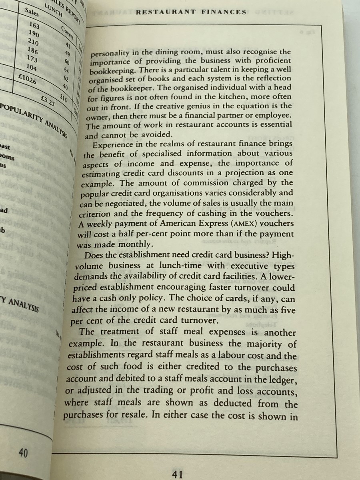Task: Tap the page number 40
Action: coord(23,453)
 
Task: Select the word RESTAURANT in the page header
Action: coord(166,12)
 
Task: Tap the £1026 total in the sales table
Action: coord(28,78)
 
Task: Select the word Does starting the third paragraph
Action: coord(95,255)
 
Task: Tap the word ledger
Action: coord(284,379)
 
